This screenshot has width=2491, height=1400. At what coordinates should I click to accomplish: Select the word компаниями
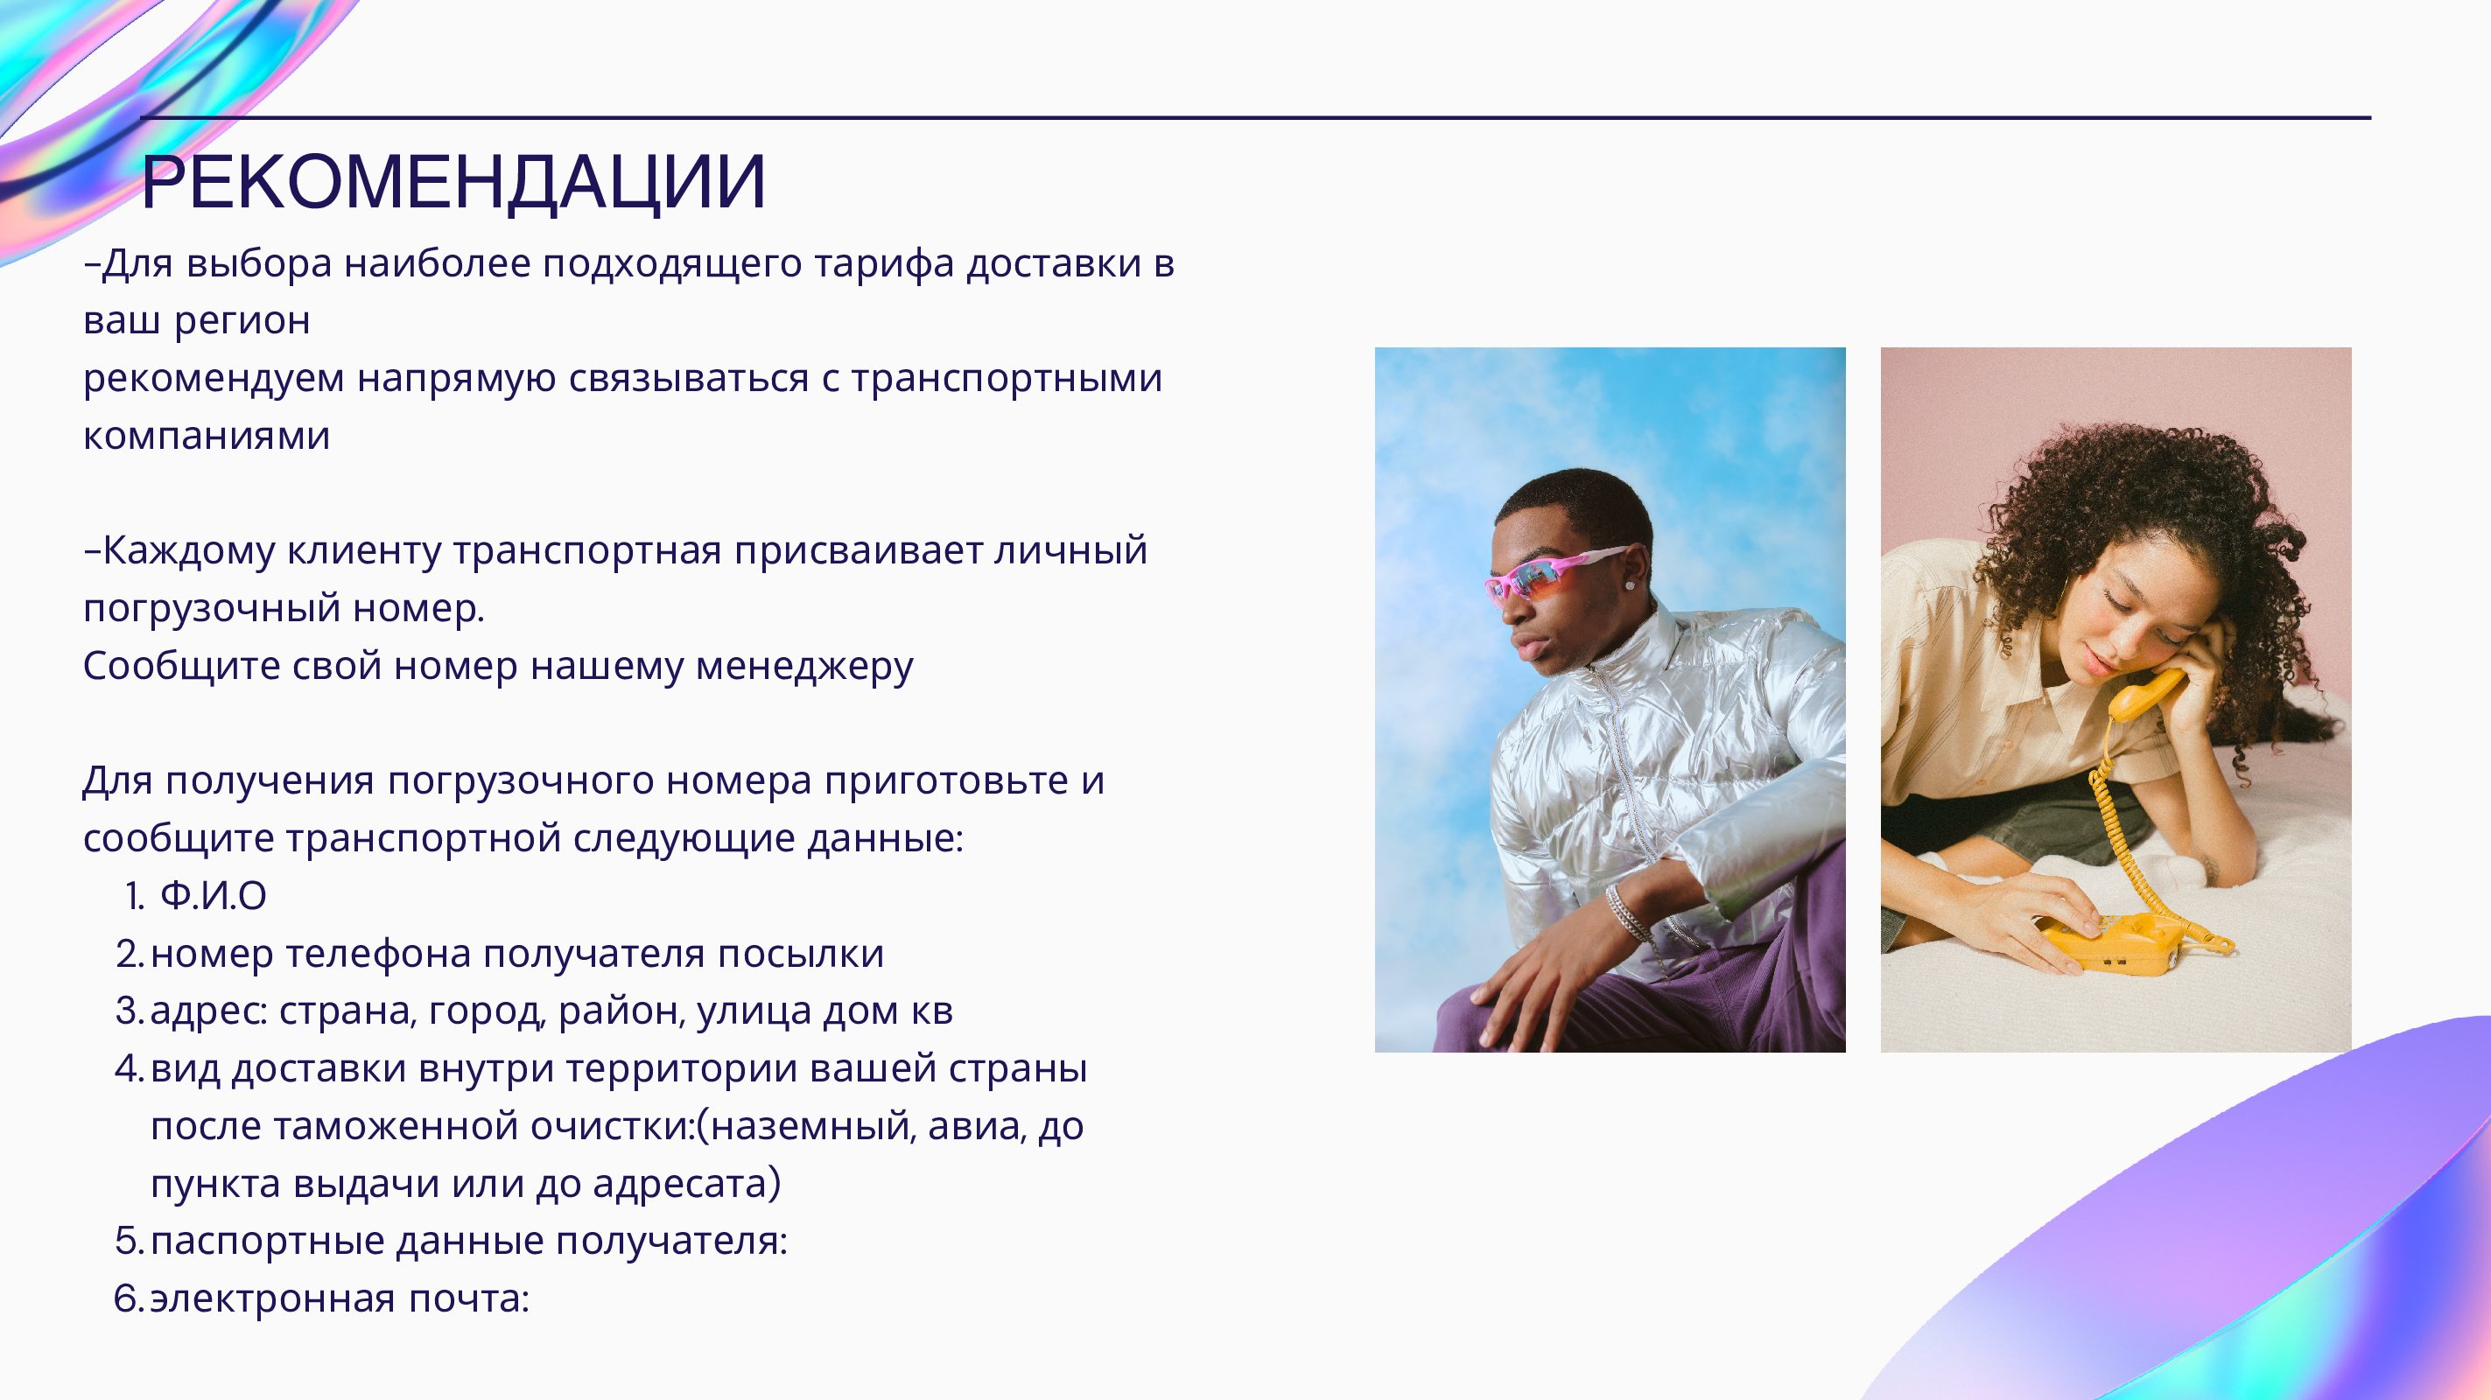click(x=207, y=436)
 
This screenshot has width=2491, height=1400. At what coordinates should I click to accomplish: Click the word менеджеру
click(x=803, y=667)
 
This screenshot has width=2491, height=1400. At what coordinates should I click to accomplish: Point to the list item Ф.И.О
click(x=213, y=896)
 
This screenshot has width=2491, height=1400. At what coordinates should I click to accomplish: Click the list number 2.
click(x=129, y=955)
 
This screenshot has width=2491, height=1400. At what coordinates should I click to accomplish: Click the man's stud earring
click(x=1631, y=586)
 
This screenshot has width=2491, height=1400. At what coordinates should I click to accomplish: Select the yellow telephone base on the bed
click(x=2113, y=942)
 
